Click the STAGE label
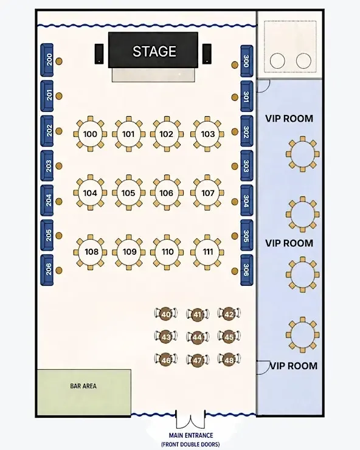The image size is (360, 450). click(x=154, y=51)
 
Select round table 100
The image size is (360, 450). click(x=90, y=134)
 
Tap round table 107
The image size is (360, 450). click(x=207, y=193)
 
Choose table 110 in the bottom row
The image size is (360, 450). click(x=167, y=252)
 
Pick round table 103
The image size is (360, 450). click(x=207, y=134)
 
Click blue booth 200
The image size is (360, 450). click(x=47, y=60)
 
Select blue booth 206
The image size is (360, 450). click(x=47, y=270)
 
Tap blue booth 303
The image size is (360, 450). click(x=247, y=165)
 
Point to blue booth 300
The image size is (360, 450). click(x=247, y=61)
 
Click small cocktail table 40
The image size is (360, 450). click(x=165, y=314)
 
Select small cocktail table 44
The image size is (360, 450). click(x=197, y=337)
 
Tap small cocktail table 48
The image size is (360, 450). click(x=229, y=359)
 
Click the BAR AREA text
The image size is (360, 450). click(x=83, y=386)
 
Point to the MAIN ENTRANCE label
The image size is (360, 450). click(x=191, y=435)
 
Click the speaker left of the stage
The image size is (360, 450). click(x=99, y=54)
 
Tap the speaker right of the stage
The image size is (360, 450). click(x=207, y=54)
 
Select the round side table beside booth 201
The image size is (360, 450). click(x=59, y=96)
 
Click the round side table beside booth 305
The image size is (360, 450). click(x=235, y=236)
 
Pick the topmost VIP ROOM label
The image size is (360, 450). click(x=289, y=119)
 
